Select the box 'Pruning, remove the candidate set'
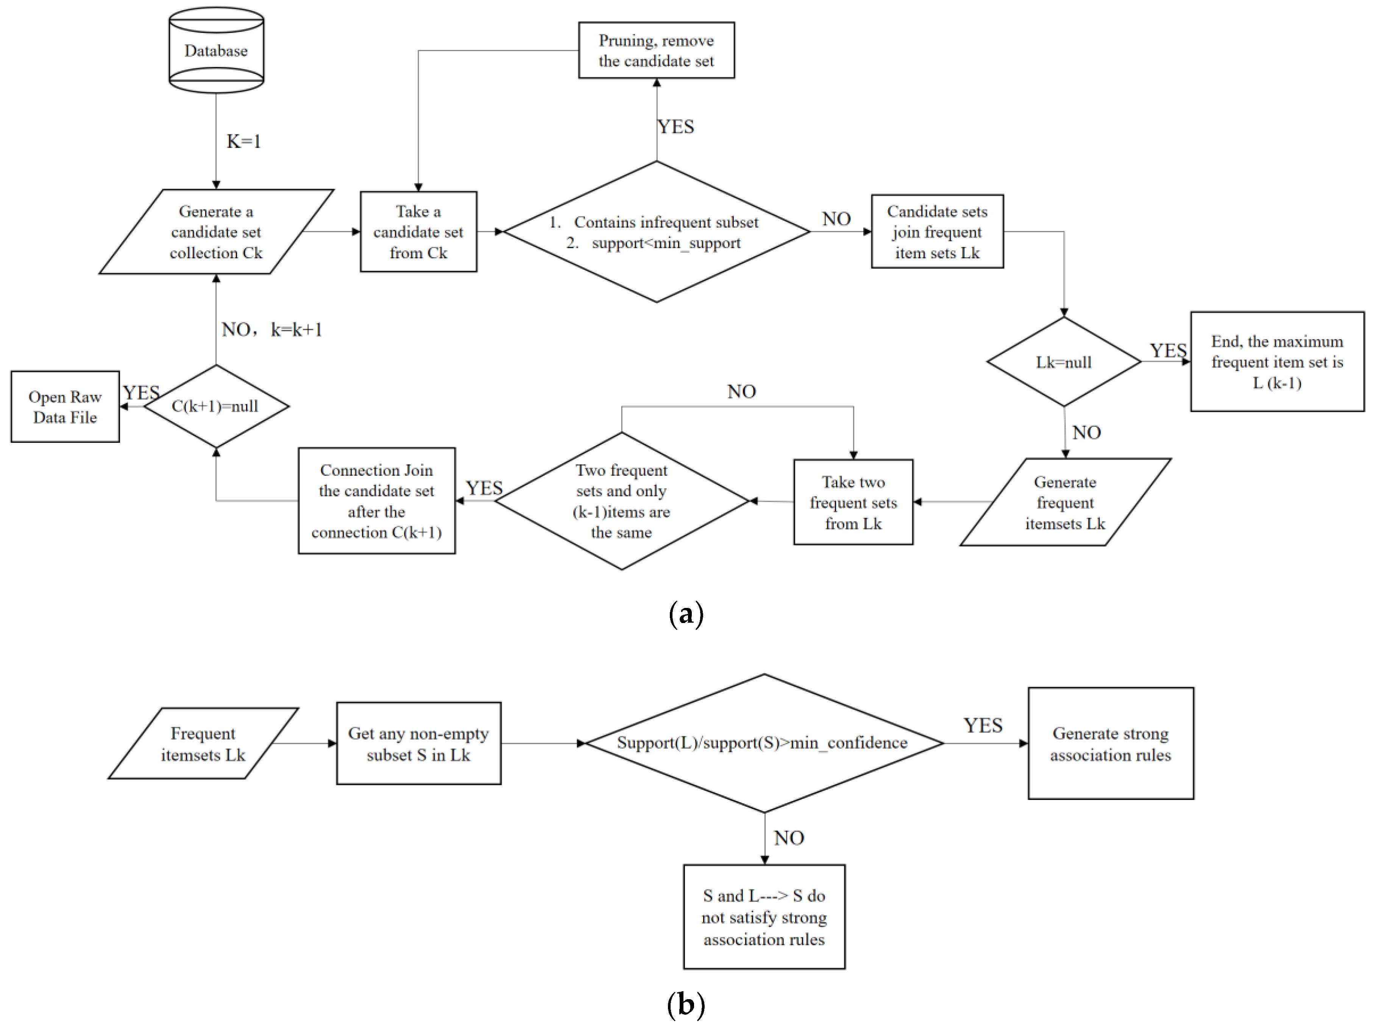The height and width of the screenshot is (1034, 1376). click(x=656, y=50)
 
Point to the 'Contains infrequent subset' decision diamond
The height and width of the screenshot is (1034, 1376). click(x=656, y=232)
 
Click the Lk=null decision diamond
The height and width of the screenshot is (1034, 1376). click(x=1063, y=362)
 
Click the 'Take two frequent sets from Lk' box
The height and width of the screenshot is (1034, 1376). click(x=853, y=502)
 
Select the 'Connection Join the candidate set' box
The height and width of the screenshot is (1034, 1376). click(x=376, y=501)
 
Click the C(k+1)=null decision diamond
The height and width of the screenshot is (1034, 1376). click(x=215, y=406)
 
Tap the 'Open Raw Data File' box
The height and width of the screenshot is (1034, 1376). click(x=65, y=407)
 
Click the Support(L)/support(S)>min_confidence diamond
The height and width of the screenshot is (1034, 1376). click(x=763, y=743)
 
